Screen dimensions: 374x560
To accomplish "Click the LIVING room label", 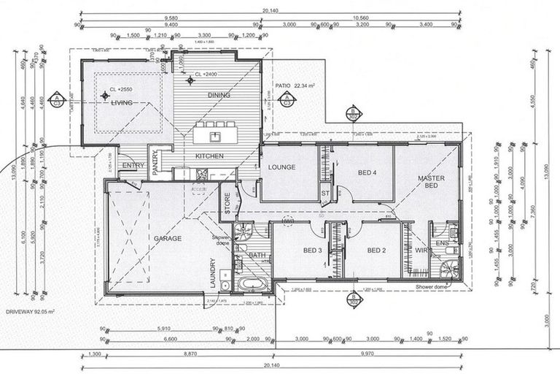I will pyautogui.click(x=121, y=103).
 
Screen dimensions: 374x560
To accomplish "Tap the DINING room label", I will pyautogui.click(x=219, y=95).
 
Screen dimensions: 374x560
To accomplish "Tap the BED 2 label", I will pyautogui.click(x=376, y=251).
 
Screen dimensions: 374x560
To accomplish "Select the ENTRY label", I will pyautogui.click(x=133, y=166).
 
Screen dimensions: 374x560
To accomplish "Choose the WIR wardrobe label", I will pyautogui.click(x=421, y=251).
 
